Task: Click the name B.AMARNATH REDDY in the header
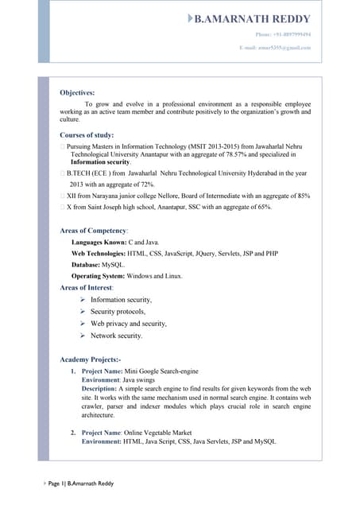[252, 18]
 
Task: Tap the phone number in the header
[283, 35]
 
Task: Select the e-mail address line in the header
[275, 48]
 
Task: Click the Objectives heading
[77, 93]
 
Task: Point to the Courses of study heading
[87, 135]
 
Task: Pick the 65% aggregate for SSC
[263, 207]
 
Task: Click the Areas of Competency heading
[94, 231]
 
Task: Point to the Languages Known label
[99, 241]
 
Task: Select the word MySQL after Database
[114, 264]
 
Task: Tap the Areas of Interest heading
[87, 286]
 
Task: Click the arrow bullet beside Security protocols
[83, 312]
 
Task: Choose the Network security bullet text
[117, 336]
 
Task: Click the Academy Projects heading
[90, 359]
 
